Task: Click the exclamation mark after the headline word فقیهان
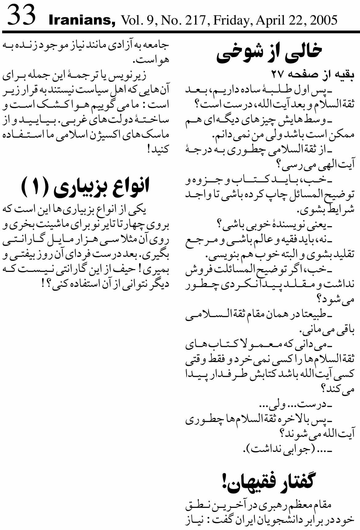pos(224,482)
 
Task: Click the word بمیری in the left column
pos(156,269)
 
